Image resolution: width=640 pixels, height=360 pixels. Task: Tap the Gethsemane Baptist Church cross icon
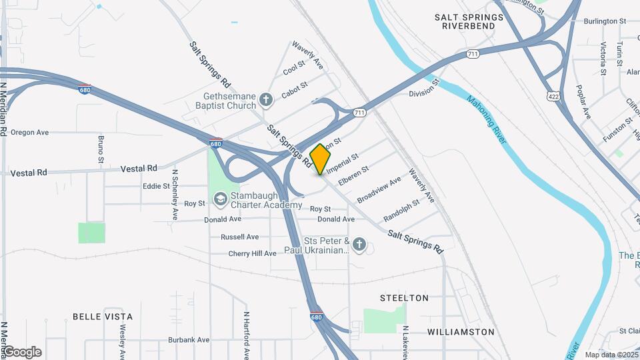(266, 101)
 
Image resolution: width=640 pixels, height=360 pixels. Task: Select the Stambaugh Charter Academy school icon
(219, 199)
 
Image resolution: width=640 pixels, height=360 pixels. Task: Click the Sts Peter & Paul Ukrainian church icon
(359, 245)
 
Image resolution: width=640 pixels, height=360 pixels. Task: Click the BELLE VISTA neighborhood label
(103, 317)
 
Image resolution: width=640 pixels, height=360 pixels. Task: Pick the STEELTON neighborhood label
(404, 298)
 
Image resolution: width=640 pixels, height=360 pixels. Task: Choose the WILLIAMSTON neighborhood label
(461, 331)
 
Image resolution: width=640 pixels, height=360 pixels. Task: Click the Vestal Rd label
(139, 169)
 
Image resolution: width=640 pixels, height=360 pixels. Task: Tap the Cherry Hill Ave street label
(252, 253)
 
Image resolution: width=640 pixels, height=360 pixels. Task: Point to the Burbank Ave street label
(189, 339)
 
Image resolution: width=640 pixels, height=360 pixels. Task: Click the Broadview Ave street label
(379, 190)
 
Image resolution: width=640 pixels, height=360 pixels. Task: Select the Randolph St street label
(401, 211)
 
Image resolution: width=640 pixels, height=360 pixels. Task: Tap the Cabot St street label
(294, 90)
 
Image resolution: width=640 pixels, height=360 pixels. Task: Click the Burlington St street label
(605, 21)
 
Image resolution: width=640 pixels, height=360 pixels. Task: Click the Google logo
(22, 352)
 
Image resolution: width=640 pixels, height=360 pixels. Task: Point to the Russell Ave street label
(239, 237)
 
